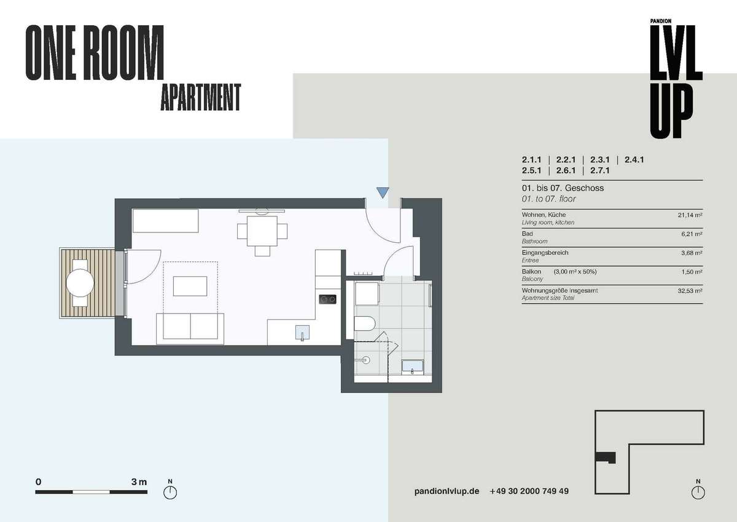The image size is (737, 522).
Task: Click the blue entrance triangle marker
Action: pos(383,192)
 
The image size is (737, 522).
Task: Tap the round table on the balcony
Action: pos(80,283)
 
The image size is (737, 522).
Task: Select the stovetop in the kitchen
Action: pos(327,299)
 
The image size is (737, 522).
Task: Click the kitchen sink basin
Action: pos(302,333)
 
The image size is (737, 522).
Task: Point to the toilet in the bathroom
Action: pos(365,323)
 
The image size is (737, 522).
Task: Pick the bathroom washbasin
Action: pos(412,367)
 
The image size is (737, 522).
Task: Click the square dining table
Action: pos(262,231)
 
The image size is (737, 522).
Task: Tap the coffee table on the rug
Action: pos(190,286)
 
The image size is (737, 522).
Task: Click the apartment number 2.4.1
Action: pos(634,160)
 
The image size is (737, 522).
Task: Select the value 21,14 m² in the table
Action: pos(690,215)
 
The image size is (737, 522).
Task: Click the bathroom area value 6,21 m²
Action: pos(692,234)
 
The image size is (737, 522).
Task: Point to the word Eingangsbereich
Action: pos(545,253)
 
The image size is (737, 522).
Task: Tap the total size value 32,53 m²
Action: pos(690,291)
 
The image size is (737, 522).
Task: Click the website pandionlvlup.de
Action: pos(446,491)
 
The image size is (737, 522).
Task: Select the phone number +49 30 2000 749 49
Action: pos(529,491)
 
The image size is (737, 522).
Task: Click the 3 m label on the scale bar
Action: pos(139,482)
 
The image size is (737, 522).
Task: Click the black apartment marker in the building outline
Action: pos(606,457)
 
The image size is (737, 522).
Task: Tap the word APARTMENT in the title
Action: pos(201,97)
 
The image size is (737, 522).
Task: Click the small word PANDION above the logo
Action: pos(661,21)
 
